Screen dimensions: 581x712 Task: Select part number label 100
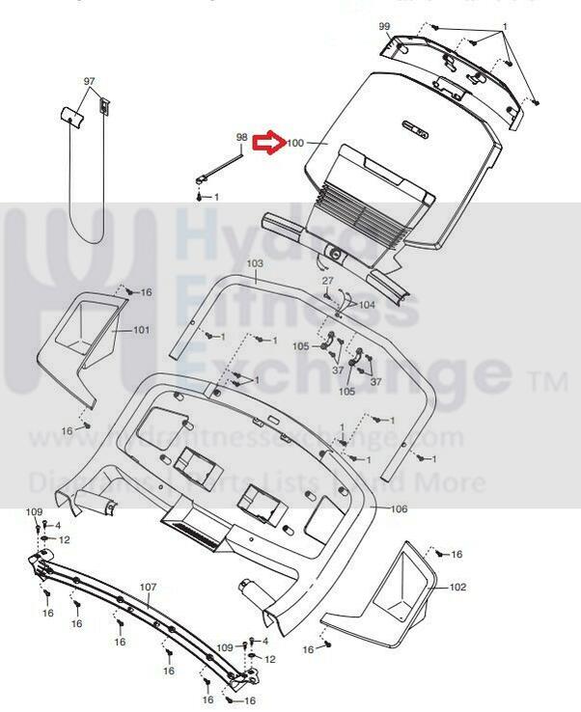coord(295,144)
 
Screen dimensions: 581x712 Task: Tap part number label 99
coord(385,26)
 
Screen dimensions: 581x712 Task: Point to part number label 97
coord(89,82)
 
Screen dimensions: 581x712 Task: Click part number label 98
coord(242,138)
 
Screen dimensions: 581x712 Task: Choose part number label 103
coord(255,263)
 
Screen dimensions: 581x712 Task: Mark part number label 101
coord(141,330)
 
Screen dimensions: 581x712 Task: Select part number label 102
coord(457,587)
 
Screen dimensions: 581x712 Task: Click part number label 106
coord(400,508)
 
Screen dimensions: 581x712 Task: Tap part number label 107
coord(148,587)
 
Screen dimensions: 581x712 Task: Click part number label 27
coord(327,281)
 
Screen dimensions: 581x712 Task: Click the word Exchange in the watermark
coord(347,371)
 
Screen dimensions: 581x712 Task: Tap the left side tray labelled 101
coord(81,342)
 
